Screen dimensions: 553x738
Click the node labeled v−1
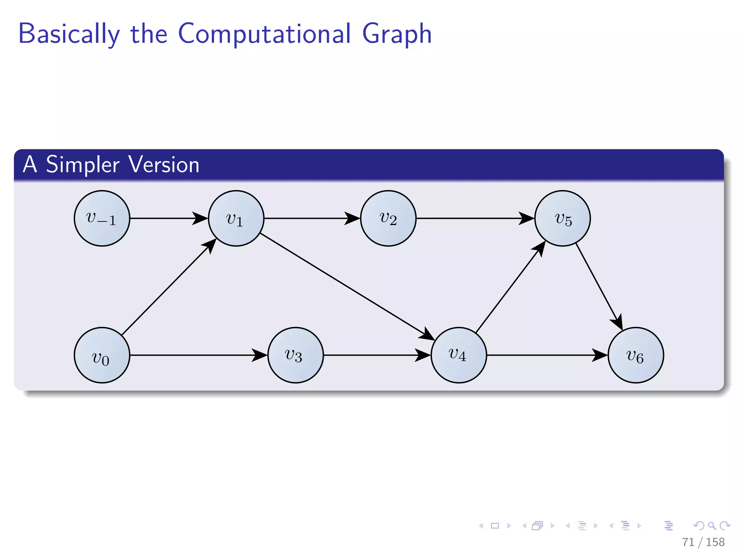(102, 218)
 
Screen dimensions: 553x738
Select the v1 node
(236, 218)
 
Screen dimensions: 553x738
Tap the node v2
(388, 218)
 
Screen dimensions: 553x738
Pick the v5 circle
(563, 218)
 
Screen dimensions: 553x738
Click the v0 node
(102, 355)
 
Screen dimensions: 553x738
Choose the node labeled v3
(295, 355)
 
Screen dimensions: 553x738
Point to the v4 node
(459, 355)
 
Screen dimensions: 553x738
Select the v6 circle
(636, 355)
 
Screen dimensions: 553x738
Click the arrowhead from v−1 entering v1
(200, 218)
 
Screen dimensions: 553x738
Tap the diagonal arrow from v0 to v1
(166, 290)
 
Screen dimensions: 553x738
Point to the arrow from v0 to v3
(195, 355)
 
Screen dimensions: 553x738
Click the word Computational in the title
(264, 33)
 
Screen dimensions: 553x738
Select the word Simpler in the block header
(83, 165)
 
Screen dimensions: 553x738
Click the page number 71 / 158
(703, 542)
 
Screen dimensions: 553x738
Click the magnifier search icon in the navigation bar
(712, 526)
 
